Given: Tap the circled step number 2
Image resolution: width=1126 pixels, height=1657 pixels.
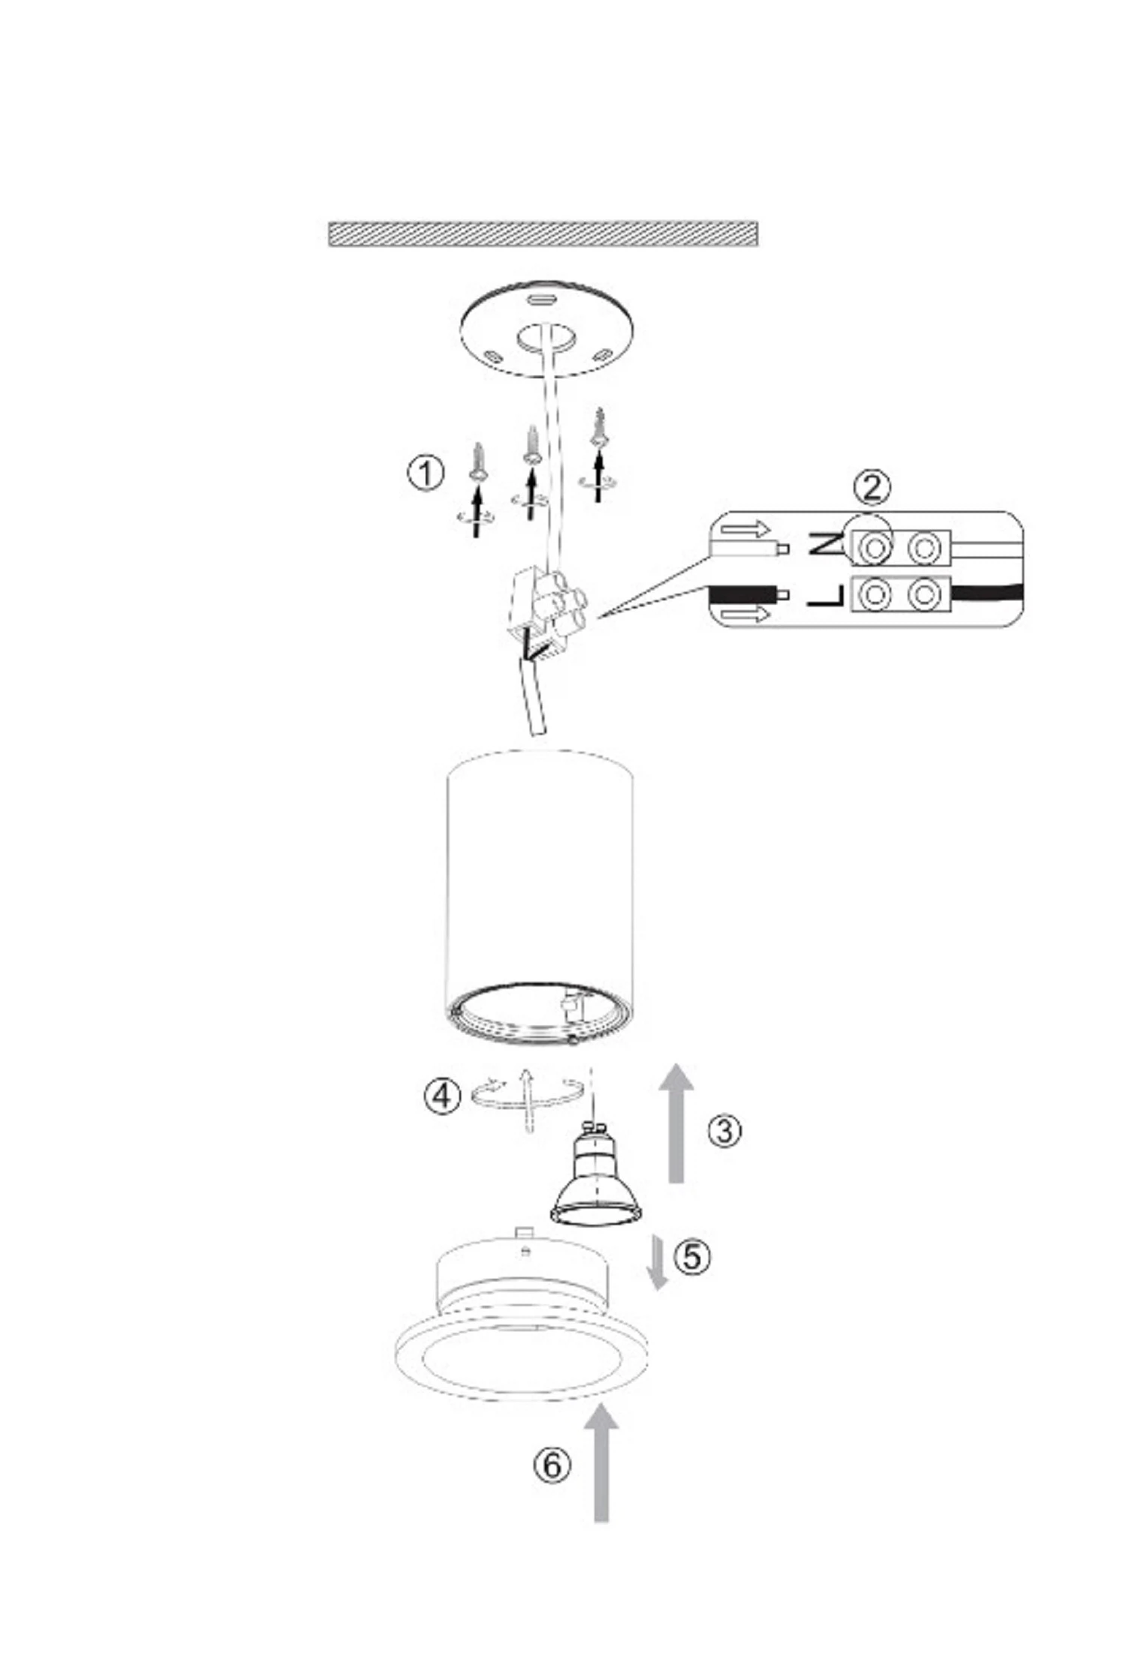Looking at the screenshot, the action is pos(872,488).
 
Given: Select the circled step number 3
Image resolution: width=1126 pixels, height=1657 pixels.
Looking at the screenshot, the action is pos(724,1130).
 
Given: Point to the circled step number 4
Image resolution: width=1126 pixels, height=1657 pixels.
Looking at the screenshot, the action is pos(442,1096).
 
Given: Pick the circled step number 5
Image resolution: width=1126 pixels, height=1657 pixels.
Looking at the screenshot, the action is pos(691,1256).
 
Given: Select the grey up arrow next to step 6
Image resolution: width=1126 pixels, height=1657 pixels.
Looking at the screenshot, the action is pos(601,1464).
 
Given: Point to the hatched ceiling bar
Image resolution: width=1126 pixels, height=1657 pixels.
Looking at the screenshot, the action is pos(543,233).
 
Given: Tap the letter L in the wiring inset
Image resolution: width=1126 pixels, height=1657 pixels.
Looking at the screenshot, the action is pos(826,595).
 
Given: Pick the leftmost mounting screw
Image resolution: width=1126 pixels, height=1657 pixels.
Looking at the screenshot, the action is pos(477,463).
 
